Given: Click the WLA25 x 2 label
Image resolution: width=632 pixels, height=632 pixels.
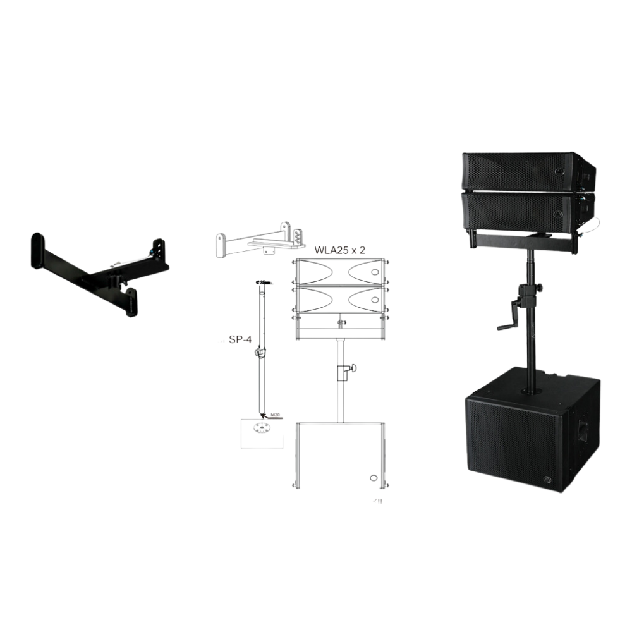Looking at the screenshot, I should click(340, 250).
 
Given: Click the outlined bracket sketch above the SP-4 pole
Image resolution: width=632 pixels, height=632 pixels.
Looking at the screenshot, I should click(256, 238).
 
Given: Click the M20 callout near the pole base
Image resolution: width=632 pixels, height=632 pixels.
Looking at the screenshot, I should click(276, 415).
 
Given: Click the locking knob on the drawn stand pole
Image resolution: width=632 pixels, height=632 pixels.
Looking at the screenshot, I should click(347, 371).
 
